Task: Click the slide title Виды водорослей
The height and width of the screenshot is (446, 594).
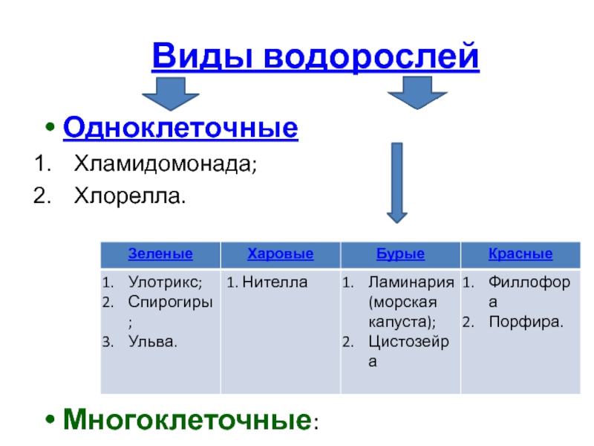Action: pyautogui.click(x=316, y=56)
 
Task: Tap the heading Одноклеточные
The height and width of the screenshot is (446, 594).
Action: pyautogui.click(x=180, y=128)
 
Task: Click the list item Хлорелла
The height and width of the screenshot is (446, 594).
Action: pyautogui.click(x=128, y=196)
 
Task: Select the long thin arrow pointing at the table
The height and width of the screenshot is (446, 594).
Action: pyautogui.click(x=397, y=181)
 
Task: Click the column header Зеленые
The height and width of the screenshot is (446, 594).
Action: pyautogui.click(x=160, y=253)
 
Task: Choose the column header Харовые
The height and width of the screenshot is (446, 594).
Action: pyautogui.click(x=280, y=253)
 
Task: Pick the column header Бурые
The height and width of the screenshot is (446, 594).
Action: pyautogui.click(x=400, y=253)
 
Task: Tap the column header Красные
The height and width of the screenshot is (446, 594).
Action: pyautogui.click(x=520, y=253)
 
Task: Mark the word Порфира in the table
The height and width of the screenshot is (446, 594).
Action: pyautogui.click(x=525, y=322)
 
